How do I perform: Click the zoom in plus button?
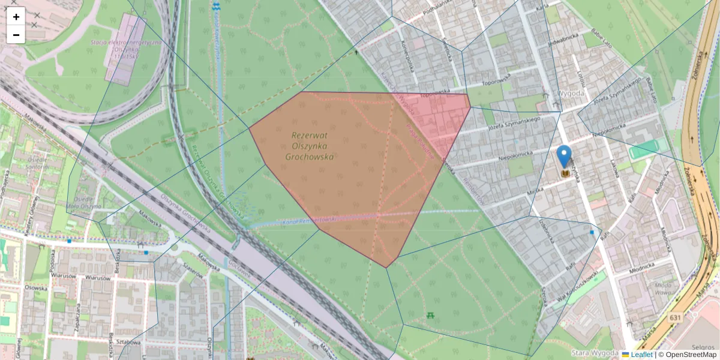pos(16,17)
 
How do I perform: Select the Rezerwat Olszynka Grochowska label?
pos(312,146)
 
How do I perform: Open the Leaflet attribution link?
pos(641,355)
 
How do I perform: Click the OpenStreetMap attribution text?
pos(689,355)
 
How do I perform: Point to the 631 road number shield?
pos(676,317)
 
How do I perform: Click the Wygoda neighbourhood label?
pos(570,94)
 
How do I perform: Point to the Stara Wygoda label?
pos(594,353)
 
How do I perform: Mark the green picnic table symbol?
pos(430,314)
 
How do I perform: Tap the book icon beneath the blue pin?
pos(564,173)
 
